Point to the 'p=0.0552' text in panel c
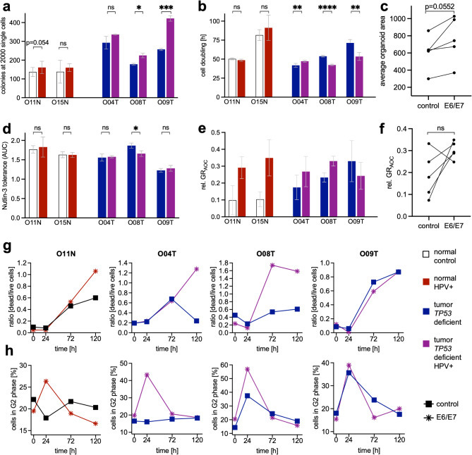point(424,8)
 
